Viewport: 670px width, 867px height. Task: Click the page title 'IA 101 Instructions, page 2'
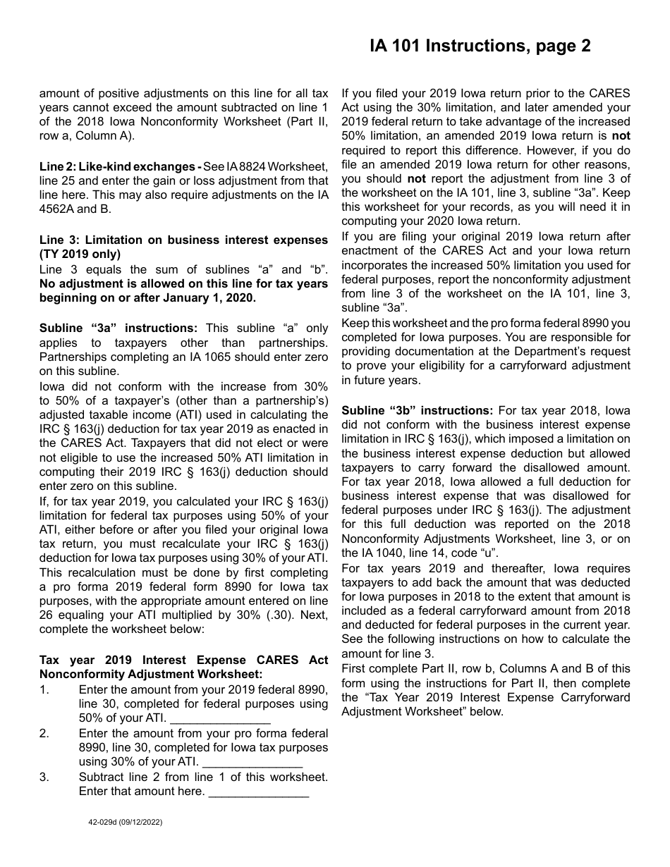(480, 47)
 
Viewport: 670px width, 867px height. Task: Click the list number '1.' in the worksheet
(44, 689)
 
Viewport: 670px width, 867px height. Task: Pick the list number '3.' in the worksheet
(44, 777)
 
